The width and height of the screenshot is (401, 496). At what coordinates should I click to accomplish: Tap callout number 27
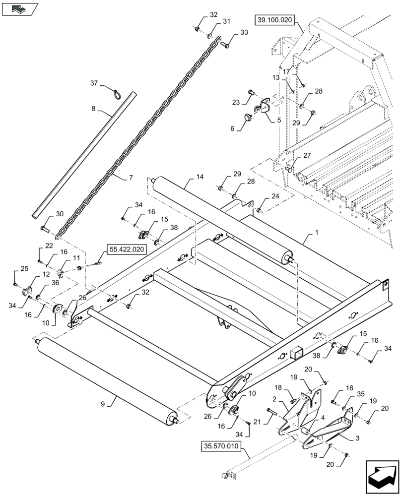pyautogui.click(x=307, y=155)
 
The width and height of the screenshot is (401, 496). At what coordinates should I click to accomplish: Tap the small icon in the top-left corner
pyautogui.click(x=20, y=8)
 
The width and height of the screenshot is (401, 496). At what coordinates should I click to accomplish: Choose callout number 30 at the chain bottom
pyautogui.click(x=59, y=214)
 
